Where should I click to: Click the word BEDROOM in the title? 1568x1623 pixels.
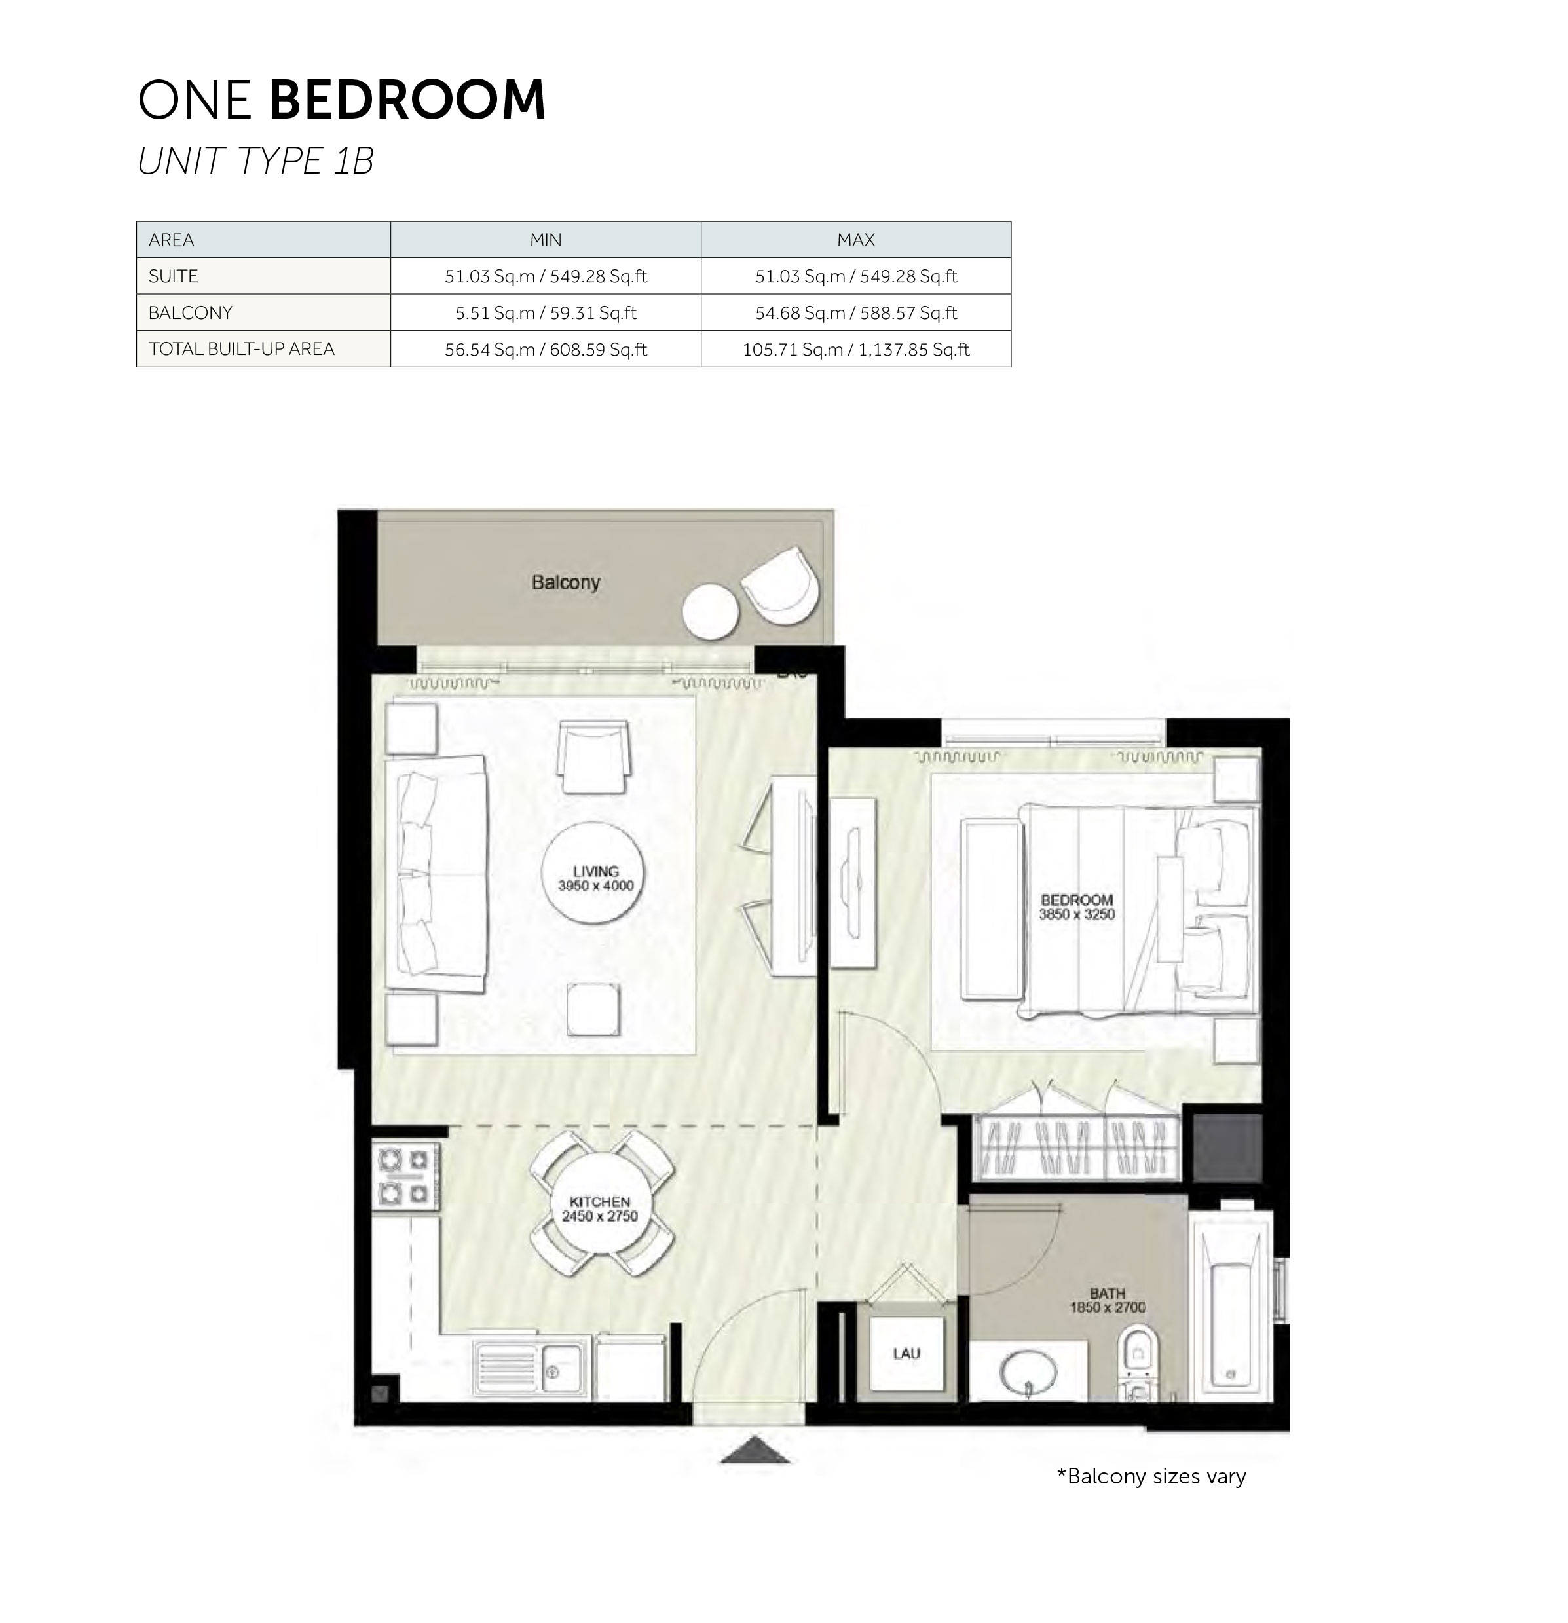click(x=407, y=100)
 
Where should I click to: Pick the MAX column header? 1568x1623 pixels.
click(x=855, y=240)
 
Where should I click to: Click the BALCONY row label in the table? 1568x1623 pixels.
click(x=191, y=313)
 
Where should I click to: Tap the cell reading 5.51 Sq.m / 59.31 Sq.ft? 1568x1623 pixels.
click(x=546, y=313)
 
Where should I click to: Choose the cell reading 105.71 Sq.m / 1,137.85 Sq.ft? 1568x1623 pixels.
click(x=855, y=350)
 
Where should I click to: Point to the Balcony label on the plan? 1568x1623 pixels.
click(x=565, y=582)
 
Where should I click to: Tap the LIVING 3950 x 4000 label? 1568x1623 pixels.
click(x=595, y=878)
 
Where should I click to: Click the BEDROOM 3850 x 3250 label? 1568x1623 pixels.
click(x=1076, y=906)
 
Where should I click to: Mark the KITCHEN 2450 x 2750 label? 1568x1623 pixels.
click(x=599, y=1208)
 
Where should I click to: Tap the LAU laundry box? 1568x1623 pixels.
click(x=906, y=1354)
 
